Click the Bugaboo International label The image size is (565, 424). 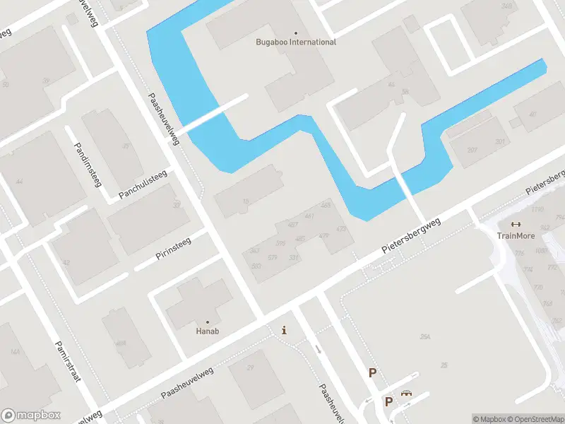[x=295, y=42]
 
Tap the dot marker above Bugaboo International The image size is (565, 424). [x=295, y=33]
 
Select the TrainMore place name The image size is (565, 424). [x=516, y=236]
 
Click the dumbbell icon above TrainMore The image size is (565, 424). [x=516, y=225]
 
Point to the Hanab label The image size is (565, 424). [x=207, y=331]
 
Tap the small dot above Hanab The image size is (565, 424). [x=207, y=322]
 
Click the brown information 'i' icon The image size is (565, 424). [x=284, y=330]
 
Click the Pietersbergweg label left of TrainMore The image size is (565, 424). [x=411, y=236]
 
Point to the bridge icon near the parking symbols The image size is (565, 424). [x=406, y=394]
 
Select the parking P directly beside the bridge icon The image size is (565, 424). [x=388, y=401]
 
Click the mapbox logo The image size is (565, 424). [x=31, y=415]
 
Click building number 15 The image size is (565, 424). [x=246, y=202]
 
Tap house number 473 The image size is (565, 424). [x=342, y=229]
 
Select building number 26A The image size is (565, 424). [x=425, y=338]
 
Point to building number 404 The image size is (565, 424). [x=121, y=343]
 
